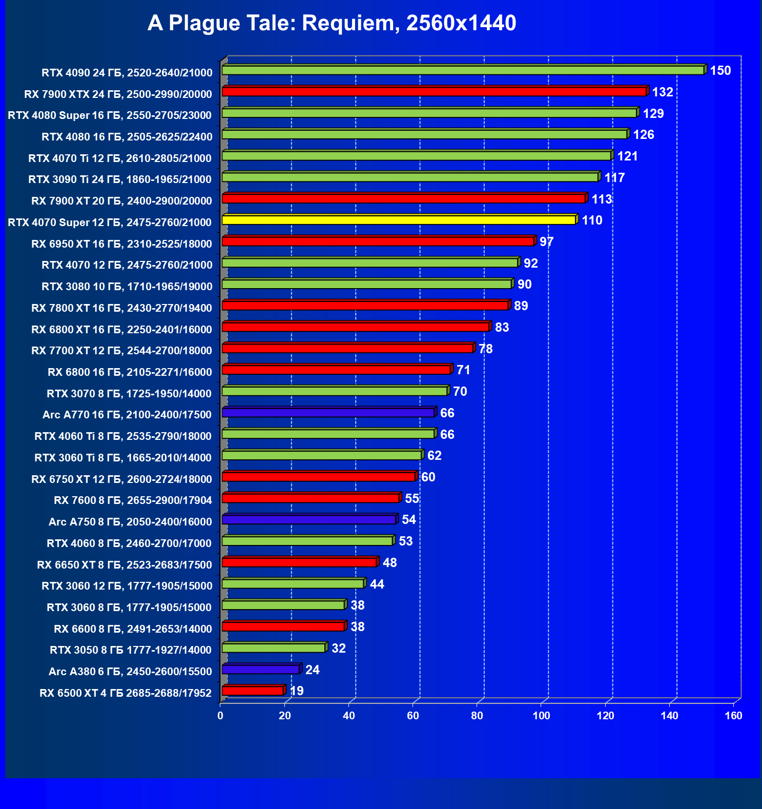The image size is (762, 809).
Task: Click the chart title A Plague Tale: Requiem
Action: [x=332, y=23]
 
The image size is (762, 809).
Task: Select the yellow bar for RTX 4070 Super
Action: [x=399, y=220]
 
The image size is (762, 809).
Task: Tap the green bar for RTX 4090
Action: [x=463, y=71]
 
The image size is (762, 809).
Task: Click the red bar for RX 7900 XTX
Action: [x=434, y=92]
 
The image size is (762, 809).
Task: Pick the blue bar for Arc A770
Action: [x=328, y=413]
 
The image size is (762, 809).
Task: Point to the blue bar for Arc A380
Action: [x=260, y=670]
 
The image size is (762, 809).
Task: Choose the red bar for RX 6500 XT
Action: [x=253, y=691]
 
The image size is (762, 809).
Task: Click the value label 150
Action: [x=720, y=71]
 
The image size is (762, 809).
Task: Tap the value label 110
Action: [x=592, y=220]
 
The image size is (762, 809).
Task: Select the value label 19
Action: [x=297, y=691]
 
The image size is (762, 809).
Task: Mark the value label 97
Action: [x=546, y=242]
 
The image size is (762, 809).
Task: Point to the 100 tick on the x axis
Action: [x=541, y=716]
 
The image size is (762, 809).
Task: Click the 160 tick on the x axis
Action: [x=733, y=716]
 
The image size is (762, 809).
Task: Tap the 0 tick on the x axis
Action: [x=220, y=716]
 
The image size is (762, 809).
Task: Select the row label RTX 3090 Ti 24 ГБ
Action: [x=120, y=179]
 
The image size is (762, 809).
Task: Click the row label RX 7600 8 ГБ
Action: [x=133, y=500]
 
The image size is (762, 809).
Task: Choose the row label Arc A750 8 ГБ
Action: [x=130, y=522]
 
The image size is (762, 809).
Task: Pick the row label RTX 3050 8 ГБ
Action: [x=130, y=650]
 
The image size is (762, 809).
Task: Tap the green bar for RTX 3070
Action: [x=335, y=392]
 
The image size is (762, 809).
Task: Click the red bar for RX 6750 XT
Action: [x=318, y=477]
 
